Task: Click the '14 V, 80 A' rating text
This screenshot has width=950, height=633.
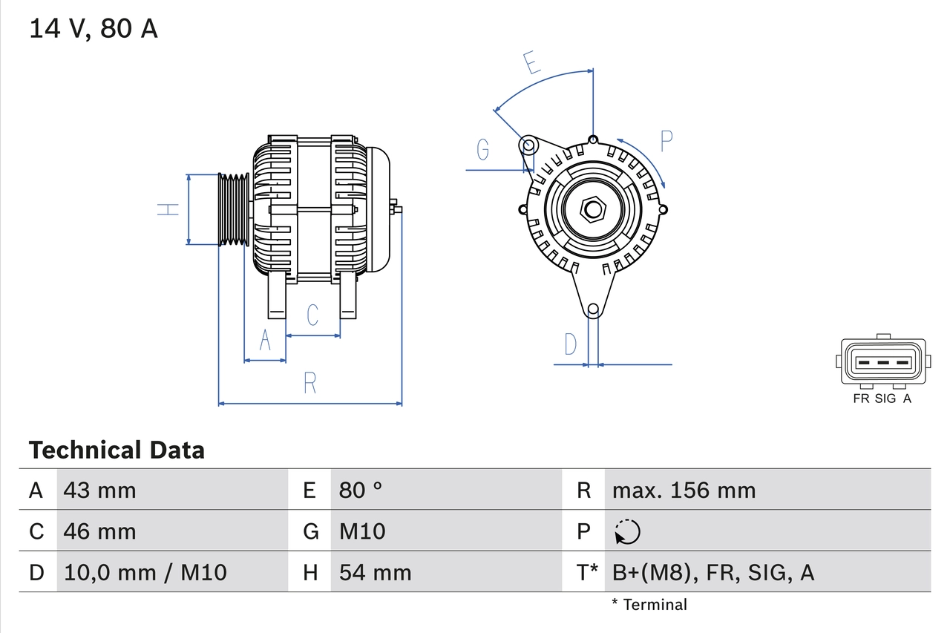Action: (93, 29)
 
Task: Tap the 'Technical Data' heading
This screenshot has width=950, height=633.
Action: (117, 450)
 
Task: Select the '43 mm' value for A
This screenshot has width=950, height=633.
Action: (100, 490)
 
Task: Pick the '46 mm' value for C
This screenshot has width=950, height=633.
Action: (100, 531)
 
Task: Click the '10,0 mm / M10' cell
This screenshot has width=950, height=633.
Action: (145, 572)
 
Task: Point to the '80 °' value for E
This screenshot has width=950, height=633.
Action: (361, 490)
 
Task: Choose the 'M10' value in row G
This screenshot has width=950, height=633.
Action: (362, 531)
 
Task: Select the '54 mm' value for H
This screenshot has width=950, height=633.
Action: (375, 572)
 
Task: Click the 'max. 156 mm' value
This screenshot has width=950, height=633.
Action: (684, 490)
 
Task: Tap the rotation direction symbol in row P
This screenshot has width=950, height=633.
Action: (627, 531)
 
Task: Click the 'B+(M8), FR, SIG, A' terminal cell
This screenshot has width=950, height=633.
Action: (713, 572)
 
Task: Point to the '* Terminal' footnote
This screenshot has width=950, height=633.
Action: (649, 605)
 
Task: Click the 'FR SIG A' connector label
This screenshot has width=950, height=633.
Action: (882, 399)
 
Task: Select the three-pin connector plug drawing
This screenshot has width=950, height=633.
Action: (882, 361)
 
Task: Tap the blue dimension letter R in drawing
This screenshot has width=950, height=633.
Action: (310, 383)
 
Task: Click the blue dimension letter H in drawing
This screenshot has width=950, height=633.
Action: (170, 209)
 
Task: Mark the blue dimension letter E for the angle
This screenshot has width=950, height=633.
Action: (531, 64)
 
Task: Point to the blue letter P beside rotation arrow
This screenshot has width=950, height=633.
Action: (666, 140)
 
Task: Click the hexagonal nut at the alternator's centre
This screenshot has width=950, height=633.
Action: (592, 209)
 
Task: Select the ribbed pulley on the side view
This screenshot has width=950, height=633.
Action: (234, 209)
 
